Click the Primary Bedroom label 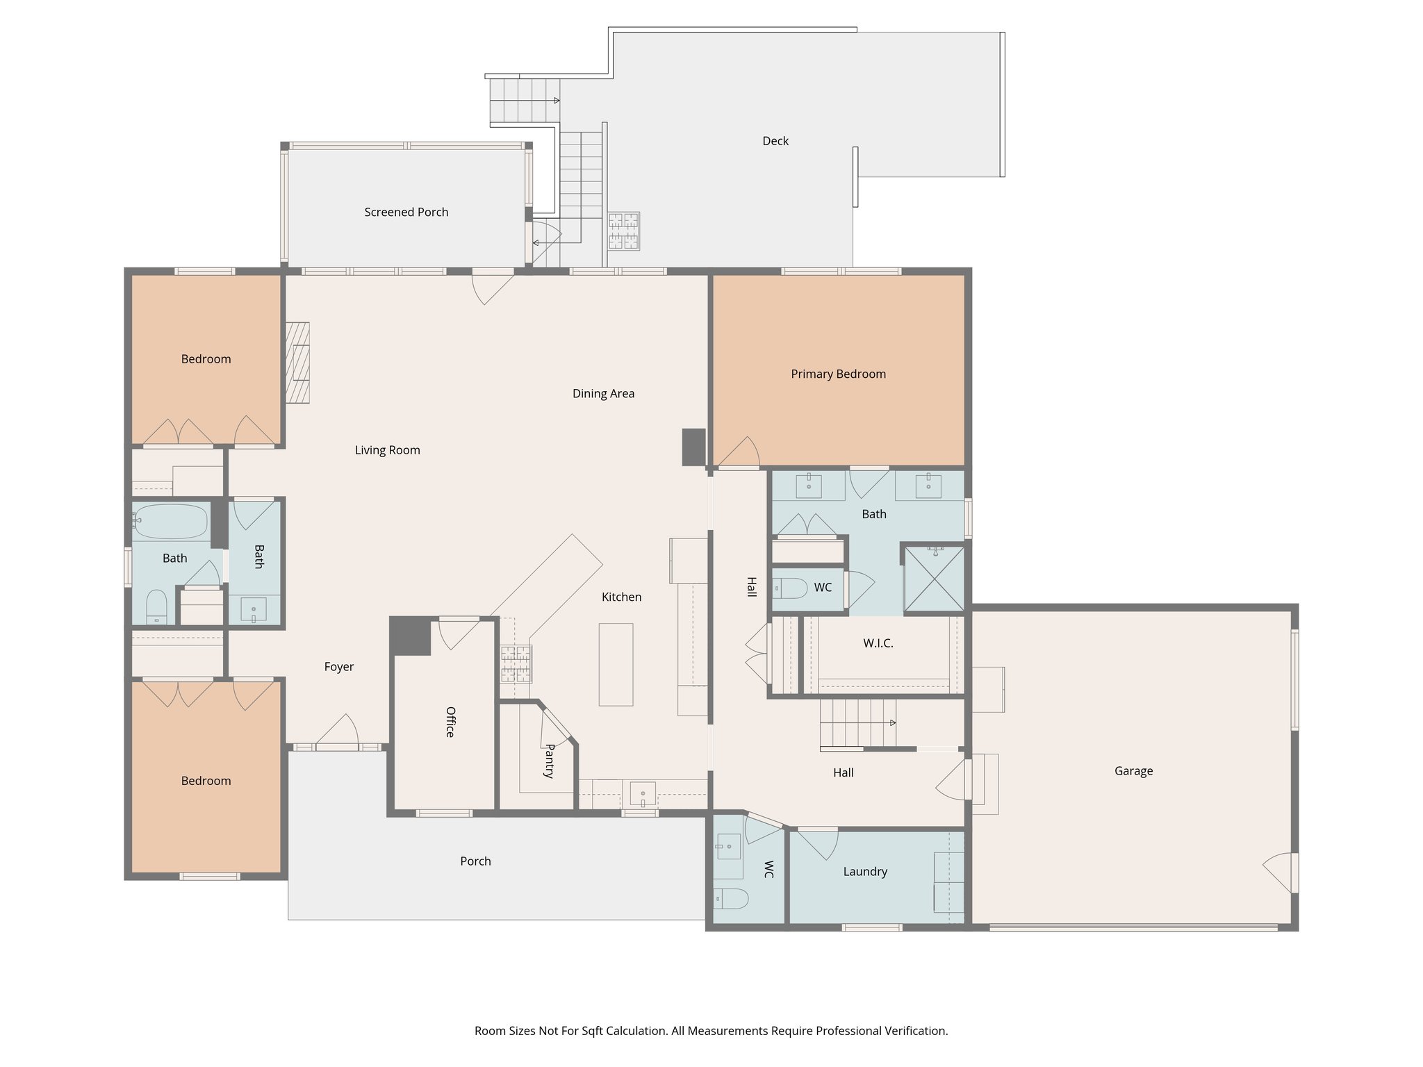pyautogui.click(x=838, y=374)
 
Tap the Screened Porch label pyautogui.click(x=406, y=212)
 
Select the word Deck pyautogui.click(x=775, y=141)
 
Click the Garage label pyautogui.click(x=1133, y=770)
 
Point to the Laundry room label pyautogui.click(x=865, y=871)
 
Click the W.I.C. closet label pyautogui.click(x=878, y=643)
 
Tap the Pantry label pyautogui.click(x=549, y=761)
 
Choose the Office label pyautogui.click(x=450, y=722)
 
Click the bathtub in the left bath pyautogui.click(x=170, y=521)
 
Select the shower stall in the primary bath pyautogui.click(x=934, y=579)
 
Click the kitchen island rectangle pyautogui.click(x=616, y=664)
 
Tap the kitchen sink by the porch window pyautogui.click(x=643, y=793)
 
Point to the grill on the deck pyautogui.click(x=623, y=231)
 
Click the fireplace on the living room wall pyautogui.click(x=298, y=362)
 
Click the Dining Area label pyautogui.click(x=603, y=393)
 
